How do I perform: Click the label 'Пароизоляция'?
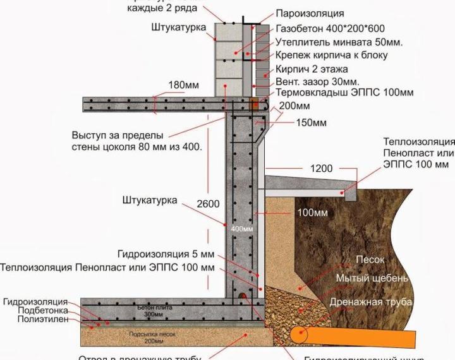310,13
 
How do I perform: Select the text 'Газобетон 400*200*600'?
331,28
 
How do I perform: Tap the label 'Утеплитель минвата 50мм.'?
339,42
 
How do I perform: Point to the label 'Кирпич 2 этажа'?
311,69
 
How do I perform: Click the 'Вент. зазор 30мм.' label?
317,82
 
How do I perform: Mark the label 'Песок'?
370,260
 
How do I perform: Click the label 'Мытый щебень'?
372,279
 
